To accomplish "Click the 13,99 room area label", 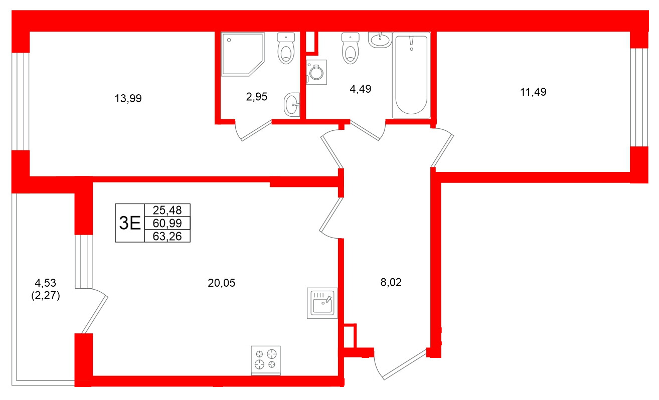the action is (x=128, y=99).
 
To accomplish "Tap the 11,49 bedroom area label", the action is (x=533, y=92).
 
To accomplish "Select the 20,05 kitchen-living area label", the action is (x=222, y=283).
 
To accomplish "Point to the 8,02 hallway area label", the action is (x=391, y=282).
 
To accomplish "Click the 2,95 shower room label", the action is (x=257, y=97).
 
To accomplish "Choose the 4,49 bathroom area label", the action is (x=361, y=89).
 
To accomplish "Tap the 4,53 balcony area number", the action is (x=45, y=283).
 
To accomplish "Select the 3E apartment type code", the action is (x=130, y=223).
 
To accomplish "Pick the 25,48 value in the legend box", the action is (x=167, y=211).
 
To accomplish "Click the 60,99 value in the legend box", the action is (x=167, y=223).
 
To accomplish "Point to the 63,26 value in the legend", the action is (x=167, y=236).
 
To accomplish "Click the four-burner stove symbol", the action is (x=266, y=360).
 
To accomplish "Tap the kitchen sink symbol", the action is (x=322, y=303).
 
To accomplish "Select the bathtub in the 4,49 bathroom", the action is (x=411, y=75).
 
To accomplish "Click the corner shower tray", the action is (x=243, y=54).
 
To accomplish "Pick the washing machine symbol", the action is (x=316, y=72).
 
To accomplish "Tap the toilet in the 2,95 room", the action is (x=286, y=48).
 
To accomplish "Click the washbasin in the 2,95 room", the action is (x=292, y=105).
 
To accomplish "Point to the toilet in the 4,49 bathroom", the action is (x=351, y=48).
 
